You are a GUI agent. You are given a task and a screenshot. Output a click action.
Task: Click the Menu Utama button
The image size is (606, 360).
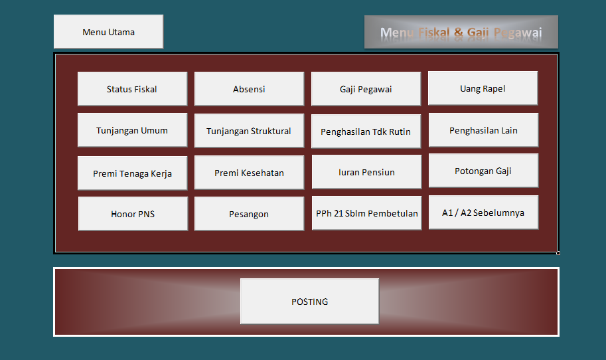click(x=108, y=32)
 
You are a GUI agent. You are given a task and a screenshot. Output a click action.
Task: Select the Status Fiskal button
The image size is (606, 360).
click(x=132, y=89)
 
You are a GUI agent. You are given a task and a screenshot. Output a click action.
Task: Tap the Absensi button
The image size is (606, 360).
click(x=249, y=89)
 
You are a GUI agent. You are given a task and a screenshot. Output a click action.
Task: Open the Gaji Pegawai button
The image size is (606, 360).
click(x=366, y=89)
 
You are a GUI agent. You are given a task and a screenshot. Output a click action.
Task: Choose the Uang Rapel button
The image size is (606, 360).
click(x=483, y=88)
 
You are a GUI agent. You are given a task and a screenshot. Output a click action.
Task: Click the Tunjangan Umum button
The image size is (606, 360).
click(x=132, y=130)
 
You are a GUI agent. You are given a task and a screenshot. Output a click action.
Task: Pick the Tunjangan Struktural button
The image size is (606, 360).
click(x=249, y=131)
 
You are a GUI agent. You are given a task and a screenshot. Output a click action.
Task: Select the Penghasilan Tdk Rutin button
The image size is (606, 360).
click(x=366, y=132)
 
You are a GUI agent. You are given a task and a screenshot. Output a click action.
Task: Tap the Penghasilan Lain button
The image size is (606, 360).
click(x=483, y=130)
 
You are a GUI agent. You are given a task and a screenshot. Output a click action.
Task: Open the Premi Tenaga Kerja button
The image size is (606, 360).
click(x=132, y=173)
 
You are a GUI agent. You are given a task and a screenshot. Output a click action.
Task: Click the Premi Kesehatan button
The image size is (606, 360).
click(x=249, y=173)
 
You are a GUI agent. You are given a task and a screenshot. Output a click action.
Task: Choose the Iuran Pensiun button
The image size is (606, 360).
click(x=366, y=172)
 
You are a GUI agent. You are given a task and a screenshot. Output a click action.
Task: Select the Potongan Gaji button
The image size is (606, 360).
click(x=483, y=171)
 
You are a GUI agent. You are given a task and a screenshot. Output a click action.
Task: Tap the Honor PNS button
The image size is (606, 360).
click(x=133, y=214)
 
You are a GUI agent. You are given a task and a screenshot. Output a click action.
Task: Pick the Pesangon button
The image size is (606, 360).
click(x=249, y=214)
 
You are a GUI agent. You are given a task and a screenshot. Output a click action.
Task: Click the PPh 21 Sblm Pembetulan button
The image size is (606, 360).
click(x=366, y=213)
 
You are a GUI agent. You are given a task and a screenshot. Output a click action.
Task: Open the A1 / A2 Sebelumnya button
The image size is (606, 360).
click(x=483, y=213)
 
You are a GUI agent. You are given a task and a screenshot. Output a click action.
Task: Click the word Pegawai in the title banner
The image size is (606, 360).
click(x=518, y=33)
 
